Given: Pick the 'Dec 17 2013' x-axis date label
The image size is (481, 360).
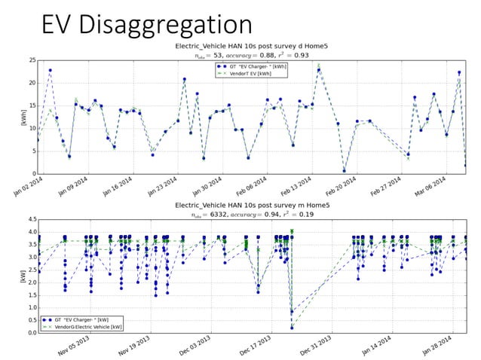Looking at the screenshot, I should [259, 347].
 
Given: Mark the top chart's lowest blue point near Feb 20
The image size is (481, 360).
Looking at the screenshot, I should [345, 171].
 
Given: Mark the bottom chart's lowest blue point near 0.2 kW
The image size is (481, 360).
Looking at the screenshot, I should [292, 328].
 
